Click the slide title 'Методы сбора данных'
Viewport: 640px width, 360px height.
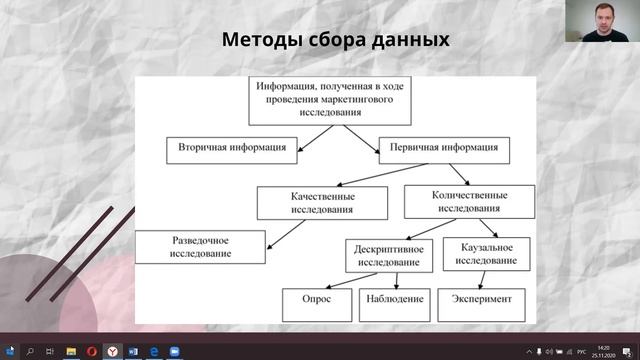335,40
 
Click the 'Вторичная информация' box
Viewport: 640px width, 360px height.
232,148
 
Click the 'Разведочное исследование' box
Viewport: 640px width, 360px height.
201,246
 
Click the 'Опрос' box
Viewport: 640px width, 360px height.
317,298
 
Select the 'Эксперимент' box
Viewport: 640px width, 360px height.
481,298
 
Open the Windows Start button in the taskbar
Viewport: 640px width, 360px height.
8,351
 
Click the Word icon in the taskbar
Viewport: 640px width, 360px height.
134,351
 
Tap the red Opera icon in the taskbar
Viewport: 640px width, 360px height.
92,351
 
